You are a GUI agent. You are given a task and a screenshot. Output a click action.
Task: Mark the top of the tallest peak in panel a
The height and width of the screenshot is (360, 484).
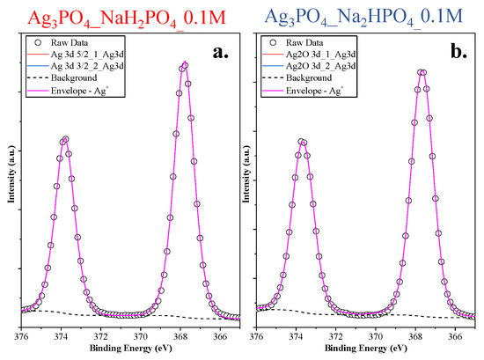(x=184, y=63)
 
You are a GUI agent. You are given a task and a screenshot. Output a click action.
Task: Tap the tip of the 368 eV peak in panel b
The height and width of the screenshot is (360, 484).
(x=421, y=71)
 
